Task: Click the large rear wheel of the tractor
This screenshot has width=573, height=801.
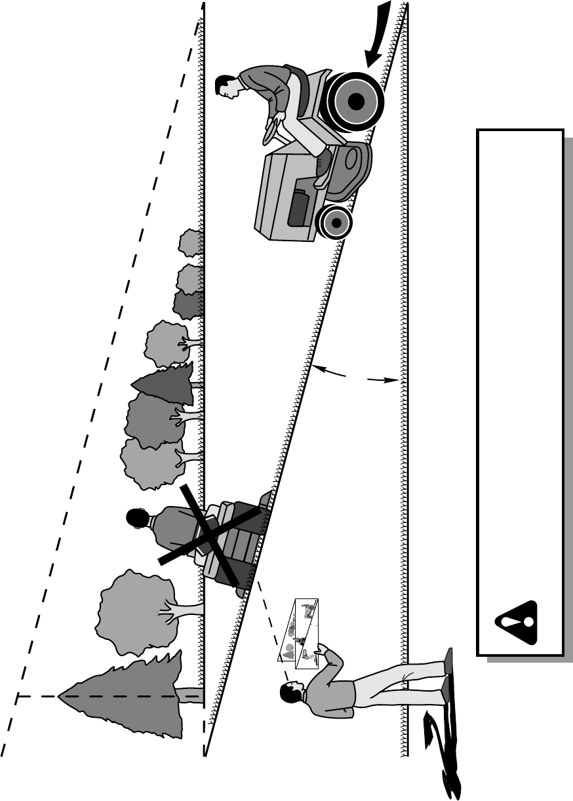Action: click(x=356, y=102)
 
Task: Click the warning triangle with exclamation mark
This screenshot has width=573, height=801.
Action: click(x=518, y=622)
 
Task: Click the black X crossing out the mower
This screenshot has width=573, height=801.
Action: click(x=212, y=535)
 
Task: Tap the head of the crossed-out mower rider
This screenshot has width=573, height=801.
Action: click(x=138, y=519)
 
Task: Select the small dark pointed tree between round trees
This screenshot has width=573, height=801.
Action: click(x=164, y=383)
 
